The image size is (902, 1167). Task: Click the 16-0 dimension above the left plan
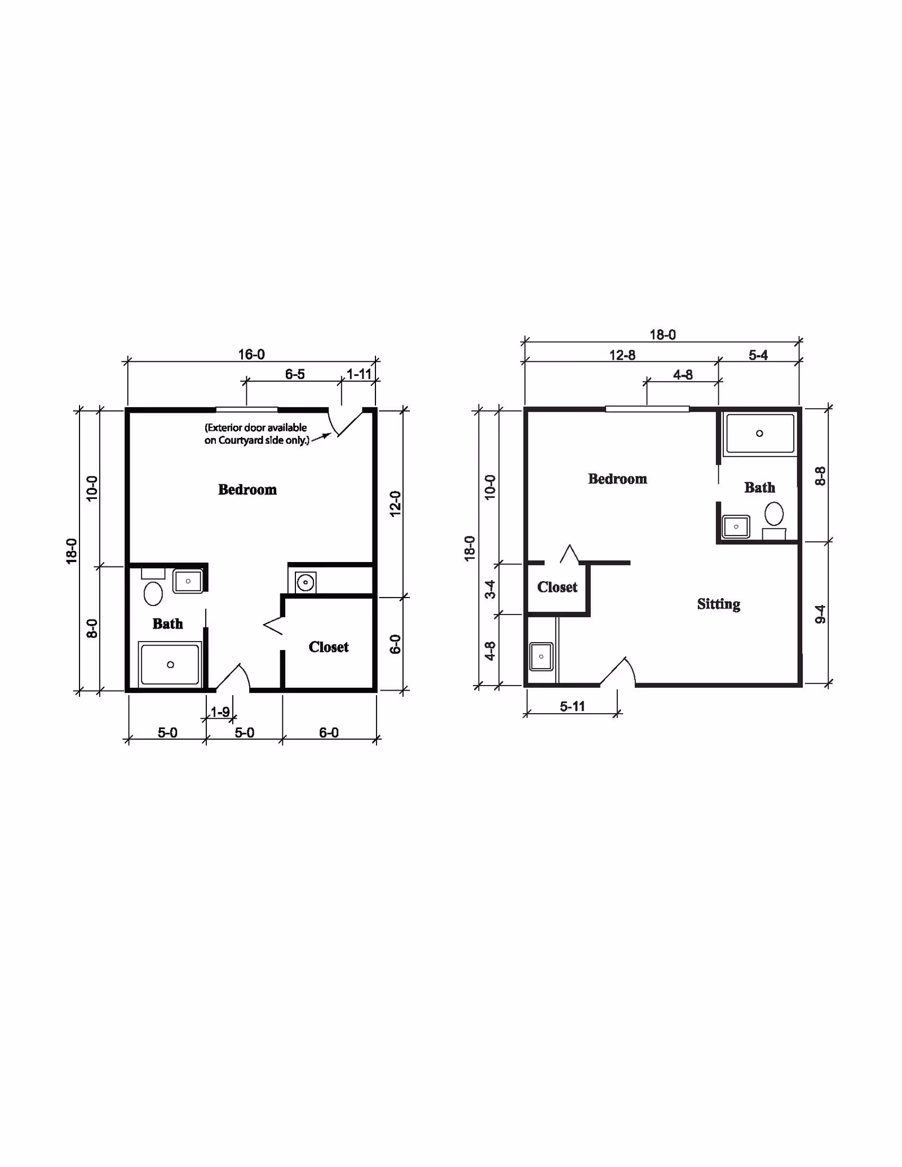pos(251,355)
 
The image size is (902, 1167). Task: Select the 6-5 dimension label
pos(295,374)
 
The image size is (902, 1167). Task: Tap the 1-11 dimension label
pos(359,374)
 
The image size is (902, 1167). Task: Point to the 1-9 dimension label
pos(220,712)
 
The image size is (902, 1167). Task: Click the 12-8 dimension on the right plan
pos(622,355)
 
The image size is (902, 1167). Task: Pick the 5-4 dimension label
pos(758,355)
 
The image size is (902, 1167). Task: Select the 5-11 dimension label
pos(572,706)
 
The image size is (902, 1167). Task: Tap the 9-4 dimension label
pos(820,614)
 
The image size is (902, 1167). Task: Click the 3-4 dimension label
pos(490,589)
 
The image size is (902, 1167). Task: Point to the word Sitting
pos(719,604)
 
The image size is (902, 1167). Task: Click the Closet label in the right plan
pos(558,587)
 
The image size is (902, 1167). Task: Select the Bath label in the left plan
pos(167,624)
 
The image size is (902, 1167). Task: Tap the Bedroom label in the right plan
pos(617,479)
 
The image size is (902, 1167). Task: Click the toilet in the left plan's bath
pos(153,593)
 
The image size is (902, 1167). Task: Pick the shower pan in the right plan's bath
pos(760,434)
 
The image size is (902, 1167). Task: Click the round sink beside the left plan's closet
pos(305,581)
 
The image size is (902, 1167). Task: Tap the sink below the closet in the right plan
pos(541,657)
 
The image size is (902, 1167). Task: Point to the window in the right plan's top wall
pos(647,409)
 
